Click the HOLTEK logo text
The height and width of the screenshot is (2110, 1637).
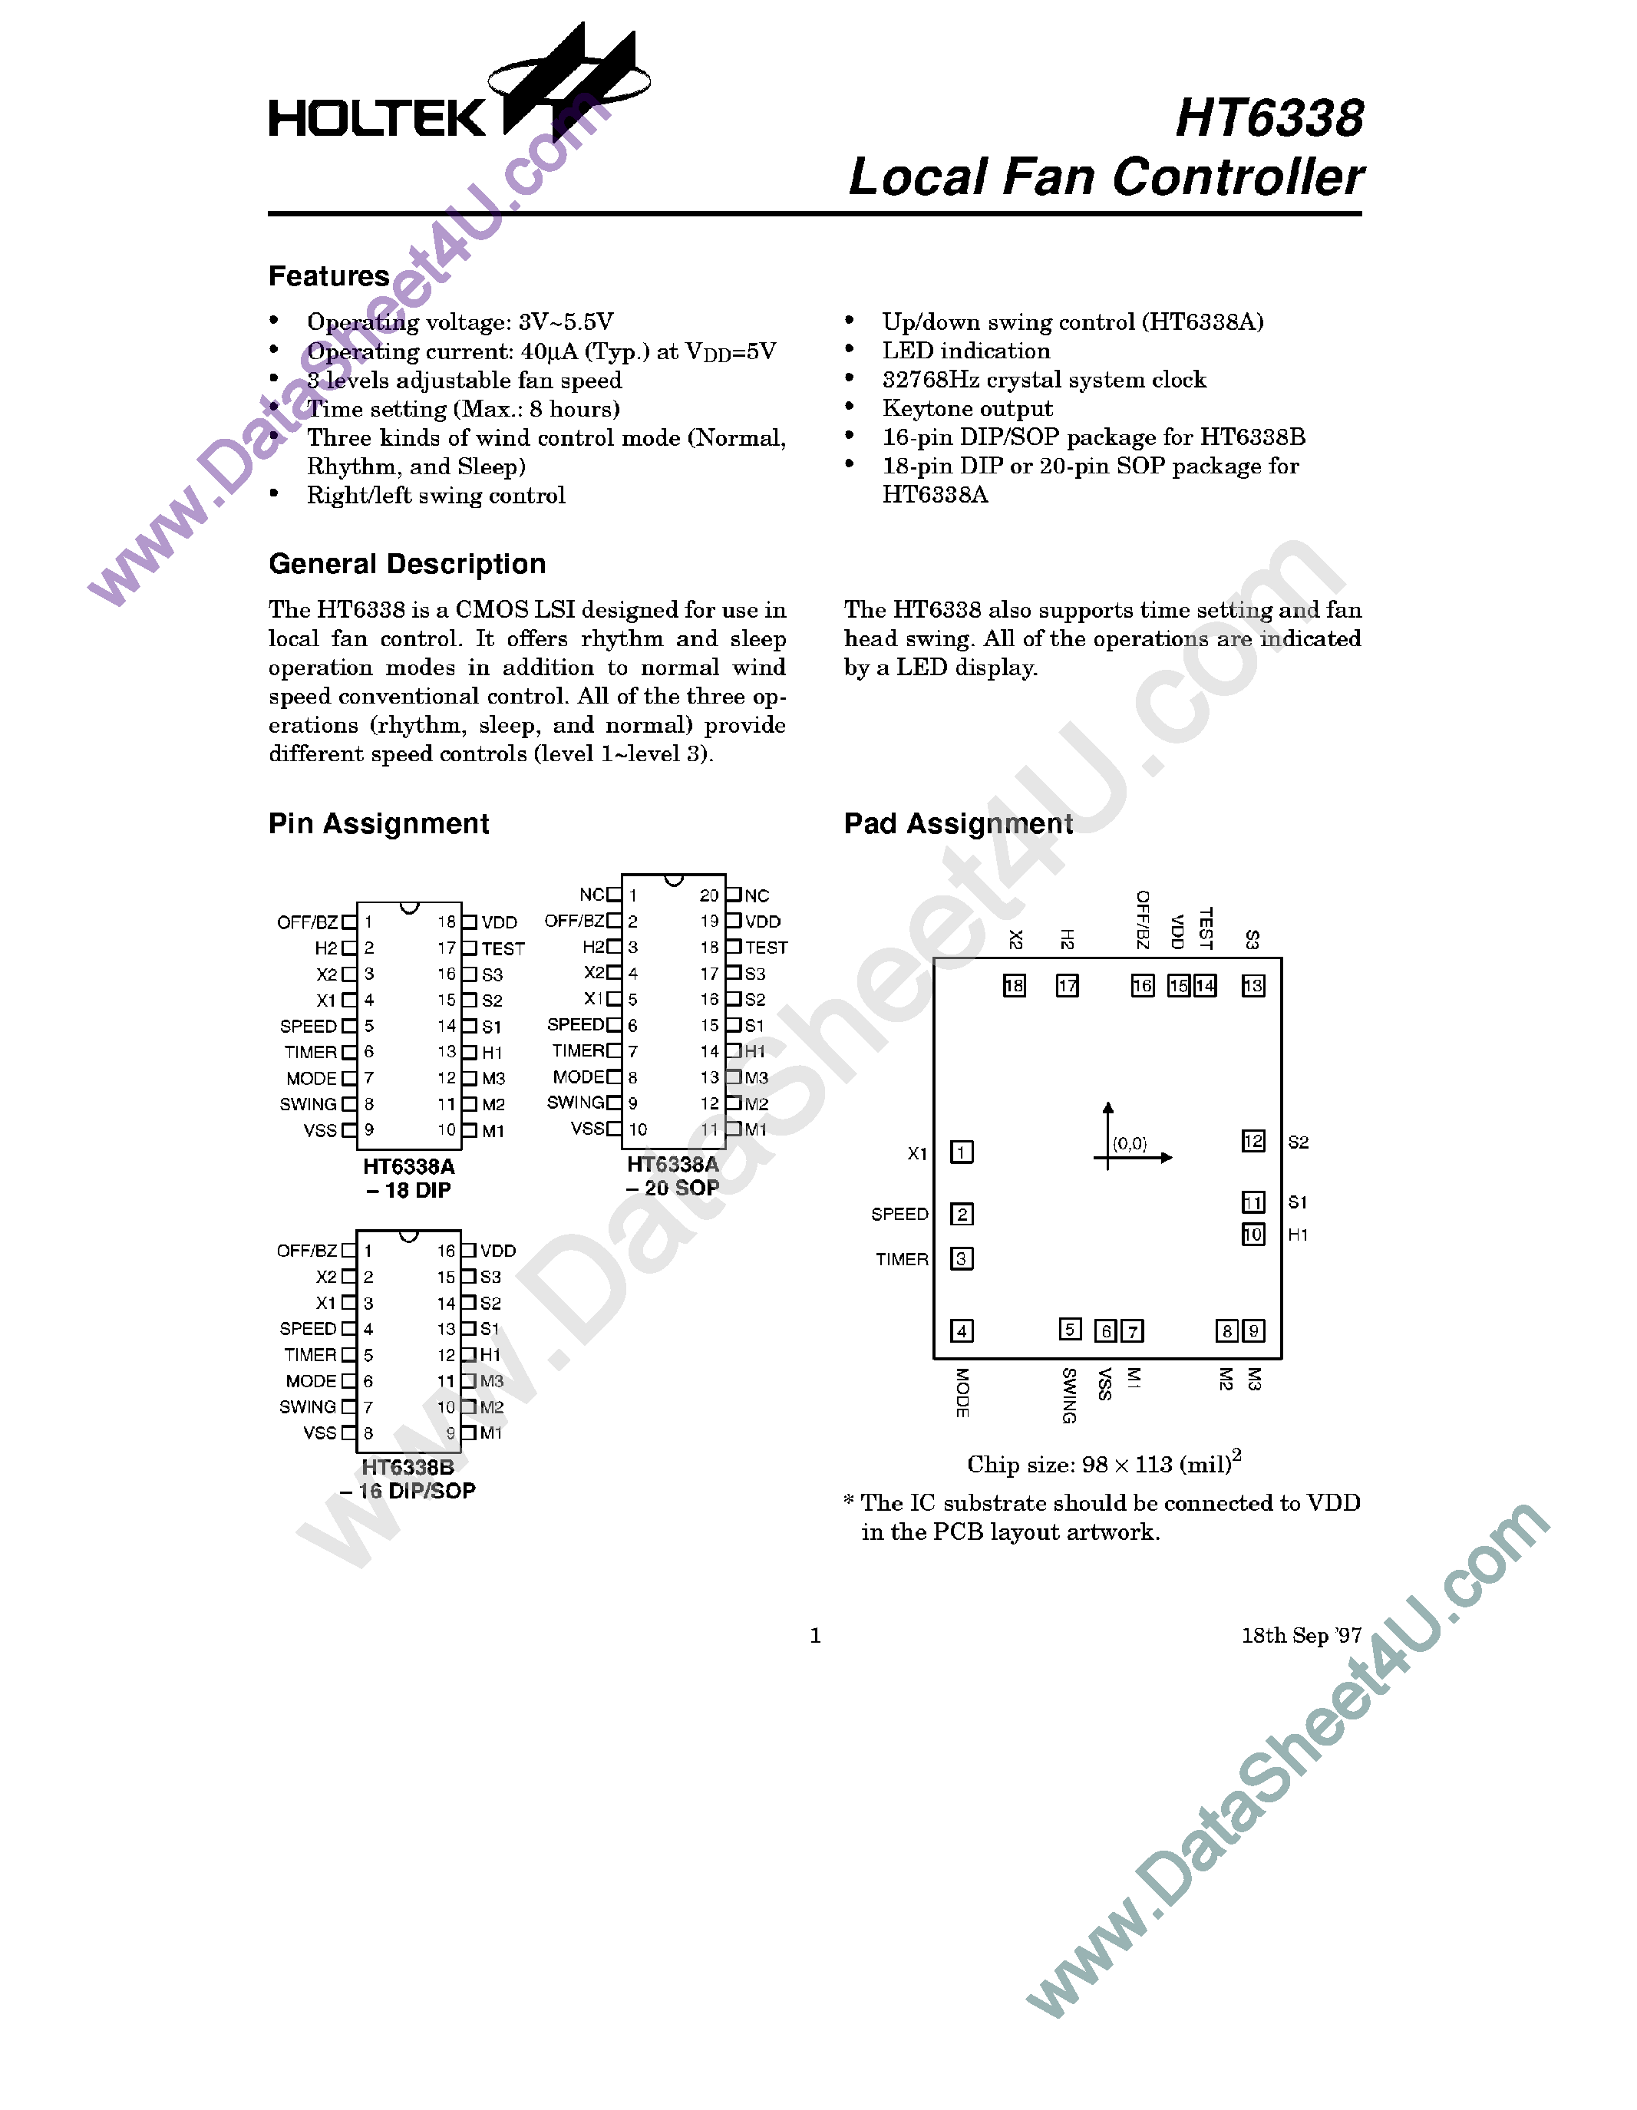377,118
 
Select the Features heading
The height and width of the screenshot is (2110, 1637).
328,276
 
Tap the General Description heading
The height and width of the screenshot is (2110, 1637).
407,564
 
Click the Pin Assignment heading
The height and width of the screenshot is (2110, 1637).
379,824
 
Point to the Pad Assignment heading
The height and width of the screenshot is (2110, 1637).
958,824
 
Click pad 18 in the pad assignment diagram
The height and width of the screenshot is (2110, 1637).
1014,985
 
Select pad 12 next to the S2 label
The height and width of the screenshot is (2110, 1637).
1253,1141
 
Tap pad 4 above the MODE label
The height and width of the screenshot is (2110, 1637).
962,1330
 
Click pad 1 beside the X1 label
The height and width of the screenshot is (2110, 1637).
962,1152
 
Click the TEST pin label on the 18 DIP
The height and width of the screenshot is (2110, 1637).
503,948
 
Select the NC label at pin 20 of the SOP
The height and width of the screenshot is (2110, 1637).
757,895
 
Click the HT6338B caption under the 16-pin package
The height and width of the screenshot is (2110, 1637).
408,1468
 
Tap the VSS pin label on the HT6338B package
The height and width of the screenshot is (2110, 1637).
320,1432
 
